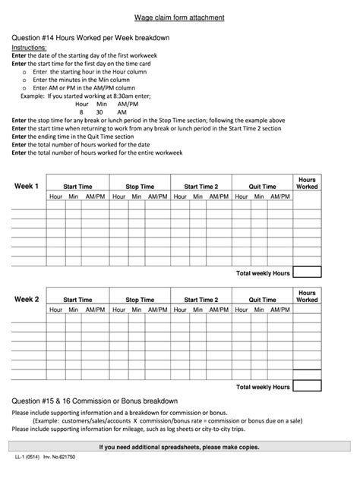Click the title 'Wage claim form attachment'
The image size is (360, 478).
pos(179,16)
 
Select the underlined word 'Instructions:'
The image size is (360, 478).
pos(29,47)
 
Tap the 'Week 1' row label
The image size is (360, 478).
pos(27,186)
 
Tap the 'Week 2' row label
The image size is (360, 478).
pos(27,300)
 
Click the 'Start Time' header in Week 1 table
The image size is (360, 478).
pos(78,186)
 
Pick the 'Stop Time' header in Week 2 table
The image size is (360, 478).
pos(140,300)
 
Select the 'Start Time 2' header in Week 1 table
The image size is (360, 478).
pos(201,186)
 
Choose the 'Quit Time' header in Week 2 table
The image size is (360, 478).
pos(262,300)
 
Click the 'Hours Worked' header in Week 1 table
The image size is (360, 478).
pos(307,182)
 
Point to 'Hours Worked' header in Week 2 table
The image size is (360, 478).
pos(307,296)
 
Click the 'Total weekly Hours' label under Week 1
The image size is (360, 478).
pos(263,272)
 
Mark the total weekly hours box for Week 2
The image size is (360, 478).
pos(307,385)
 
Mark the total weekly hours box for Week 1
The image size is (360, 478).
pos(307,272)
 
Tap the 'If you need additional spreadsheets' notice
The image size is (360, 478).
pos(179,447)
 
